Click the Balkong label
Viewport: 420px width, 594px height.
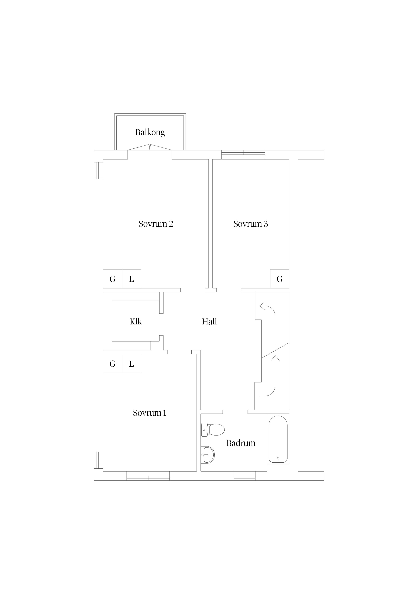point(150,132)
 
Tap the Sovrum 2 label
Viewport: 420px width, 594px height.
point(156,224)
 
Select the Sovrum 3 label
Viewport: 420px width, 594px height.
point(251,224)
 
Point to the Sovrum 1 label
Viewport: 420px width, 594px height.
point(150,413)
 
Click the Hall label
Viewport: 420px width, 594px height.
point(209,322)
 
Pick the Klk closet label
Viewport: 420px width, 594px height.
point(136,322)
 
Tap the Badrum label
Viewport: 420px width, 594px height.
point(241,443)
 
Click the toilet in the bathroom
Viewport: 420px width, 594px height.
point(213,430)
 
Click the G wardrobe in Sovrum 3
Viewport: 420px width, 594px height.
point(279,279)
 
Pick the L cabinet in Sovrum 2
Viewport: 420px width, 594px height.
point(131,279)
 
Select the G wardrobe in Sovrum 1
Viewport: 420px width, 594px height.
point(113,364)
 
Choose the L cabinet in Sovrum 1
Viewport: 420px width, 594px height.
point(131,364)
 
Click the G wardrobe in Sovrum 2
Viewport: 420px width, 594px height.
point(113,279)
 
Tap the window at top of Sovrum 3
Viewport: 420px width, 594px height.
point(243,155)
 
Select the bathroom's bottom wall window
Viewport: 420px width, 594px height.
point(245,476)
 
